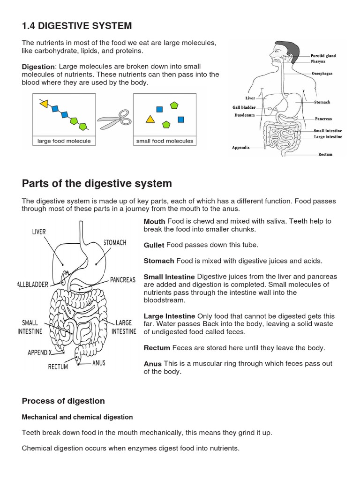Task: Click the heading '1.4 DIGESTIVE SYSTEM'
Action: [x=77, y=25]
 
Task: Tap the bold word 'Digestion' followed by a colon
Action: [x=39, y=67]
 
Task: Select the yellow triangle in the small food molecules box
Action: [x=150, y=119]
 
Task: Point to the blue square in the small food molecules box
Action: [x=159, y=109]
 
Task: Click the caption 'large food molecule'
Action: [x=64, y=141]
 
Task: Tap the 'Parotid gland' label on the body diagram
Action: [x=323, y=56]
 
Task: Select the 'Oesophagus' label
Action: [x=322, y=74]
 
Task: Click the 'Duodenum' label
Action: [x=244, y=115]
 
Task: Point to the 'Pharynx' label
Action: [x=318, y=61]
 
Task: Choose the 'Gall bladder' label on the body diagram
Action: [x=244, y=107]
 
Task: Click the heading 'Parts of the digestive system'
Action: [x=97, y=183]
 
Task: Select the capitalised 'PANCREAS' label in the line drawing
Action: [x=123, y=280]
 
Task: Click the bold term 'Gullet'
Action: [x=153, y=246]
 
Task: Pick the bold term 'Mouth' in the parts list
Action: [x=154, y=222]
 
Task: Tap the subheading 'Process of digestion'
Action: [x=63, y=401]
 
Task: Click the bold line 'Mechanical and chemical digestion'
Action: [x=77, y=417]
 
